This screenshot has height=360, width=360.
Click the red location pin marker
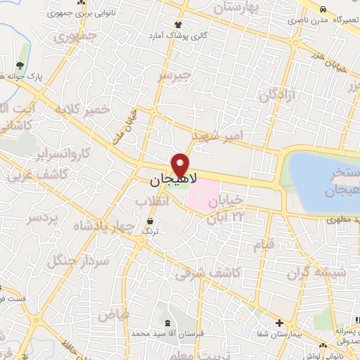coord(182,165)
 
